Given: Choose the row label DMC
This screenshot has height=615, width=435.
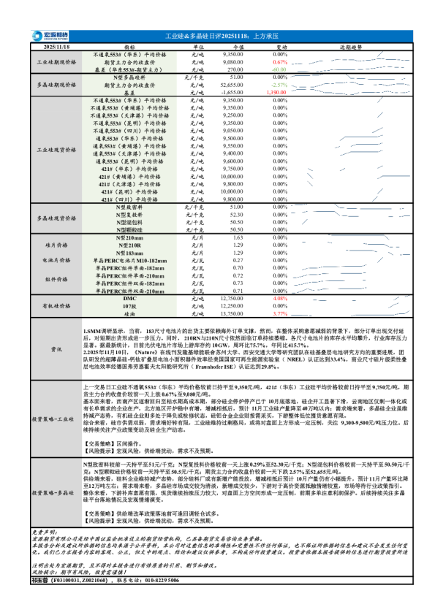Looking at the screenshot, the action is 129,299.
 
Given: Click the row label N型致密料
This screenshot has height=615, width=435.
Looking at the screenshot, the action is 129,208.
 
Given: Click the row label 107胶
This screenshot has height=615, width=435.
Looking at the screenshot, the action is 129,306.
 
